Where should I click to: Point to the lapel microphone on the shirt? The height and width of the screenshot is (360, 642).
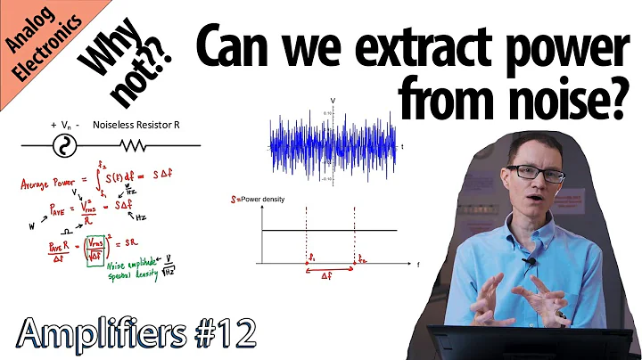[530, 262]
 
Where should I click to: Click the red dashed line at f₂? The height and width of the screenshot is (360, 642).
[354, 236]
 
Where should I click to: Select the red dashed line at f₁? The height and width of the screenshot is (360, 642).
[306, 236]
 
